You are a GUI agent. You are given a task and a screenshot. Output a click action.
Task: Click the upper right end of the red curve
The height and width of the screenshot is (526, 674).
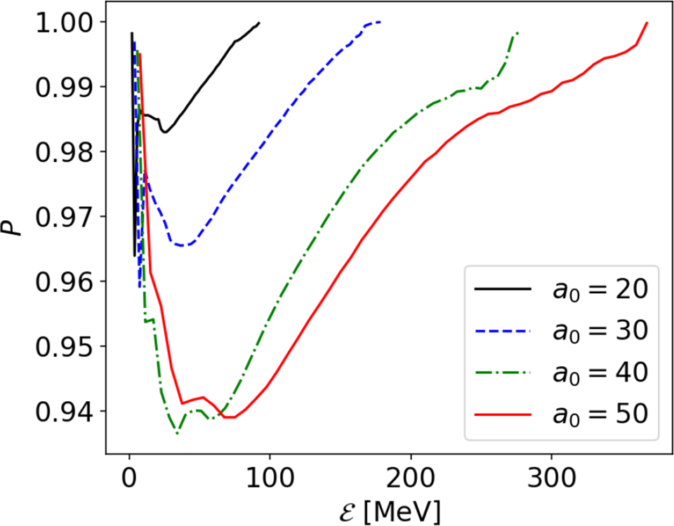[x=647, y=23]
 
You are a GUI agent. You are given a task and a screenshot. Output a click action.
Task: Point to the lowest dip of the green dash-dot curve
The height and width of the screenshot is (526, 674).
[x=177, y=433]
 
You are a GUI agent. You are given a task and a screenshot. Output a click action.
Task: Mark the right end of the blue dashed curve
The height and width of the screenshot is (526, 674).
[x=380, y=22]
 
